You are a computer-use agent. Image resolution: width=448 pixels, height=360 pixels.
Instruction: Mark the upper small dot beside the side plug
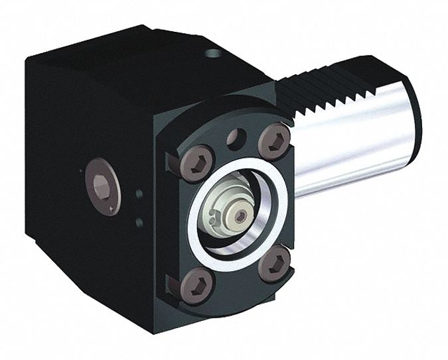[139, 194]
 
